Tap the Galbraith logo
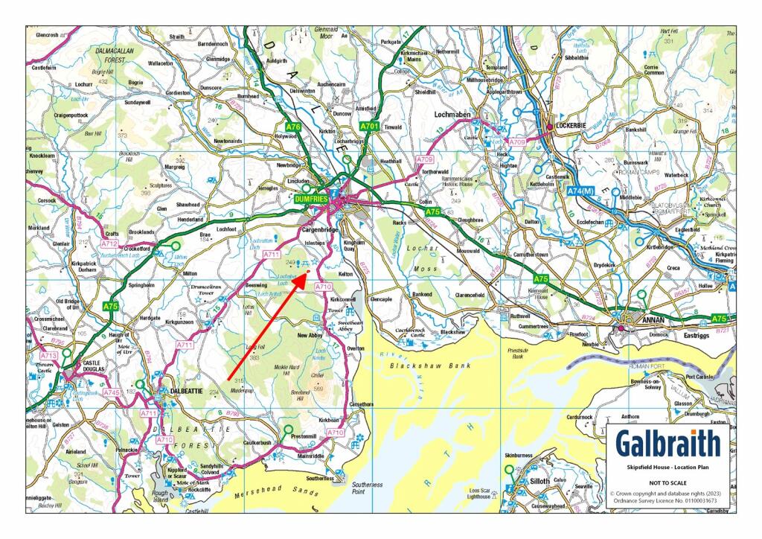point(667,444)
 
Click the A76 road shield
point(293,127)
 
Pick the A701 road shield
point(369,127)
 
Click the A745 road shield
point(111,392)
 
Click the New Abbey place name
point(313,336)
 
